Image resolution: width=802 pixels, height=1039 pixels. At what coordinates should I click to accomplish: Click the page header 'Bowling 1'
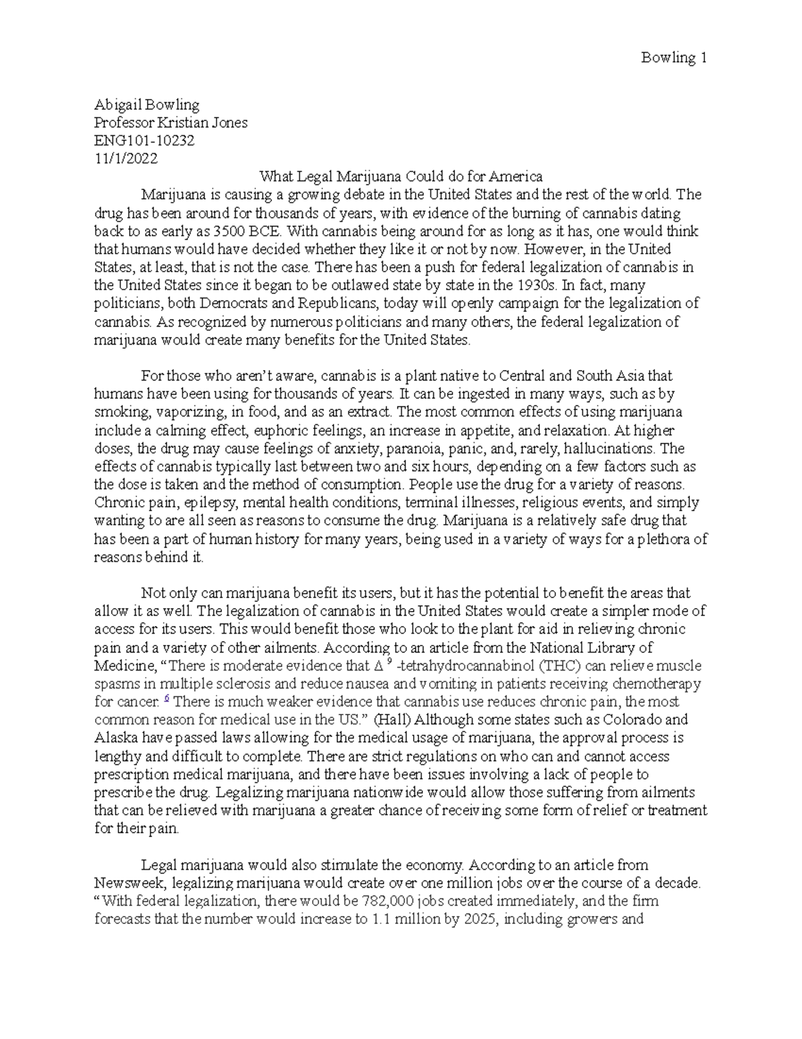pos(674,58)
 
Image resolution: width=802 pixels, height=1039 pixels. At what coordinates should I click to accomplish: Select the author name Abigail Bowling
pos(146,104)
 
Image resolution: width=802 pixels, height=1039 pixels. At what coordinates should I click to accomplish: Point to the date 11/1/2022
pos(126,159)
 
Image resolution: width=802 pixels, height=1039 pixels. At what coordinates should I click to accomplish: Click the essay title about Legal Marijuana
pos(400,177)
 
